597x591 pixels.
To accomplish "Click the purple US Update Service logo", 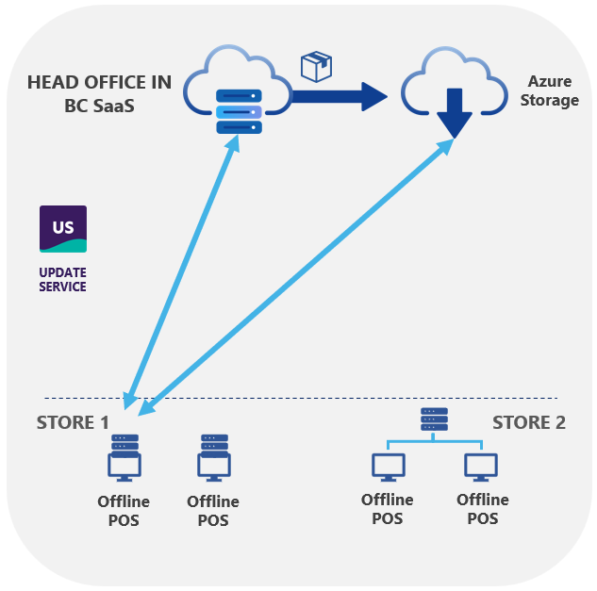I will (63, 229).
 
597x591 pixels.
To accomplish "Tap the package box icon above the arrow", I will (316, 66).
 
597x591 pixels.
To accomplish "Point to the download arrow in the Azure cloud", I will (455, 112).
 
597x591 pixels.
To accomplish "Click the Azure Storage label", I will (549, 91).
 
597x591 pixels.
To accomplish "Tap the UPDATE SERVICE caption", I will (62, 279).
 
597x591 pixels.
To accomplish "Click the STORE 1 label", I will (73, 422).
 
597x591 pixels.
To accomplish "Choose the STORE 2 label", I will (529, 422).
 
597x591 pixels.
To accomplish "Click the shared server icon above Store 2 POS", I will (434, 419).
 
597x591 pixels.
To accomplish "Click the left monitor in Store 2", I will (388, 466).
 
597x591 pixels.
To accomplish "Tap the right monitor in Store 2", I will (481, 466).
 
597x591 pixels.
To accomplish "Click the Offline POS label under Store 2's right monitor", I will (482, 509).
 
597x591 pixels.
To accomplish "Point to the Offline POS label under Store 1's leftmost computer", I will (124, 511).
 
